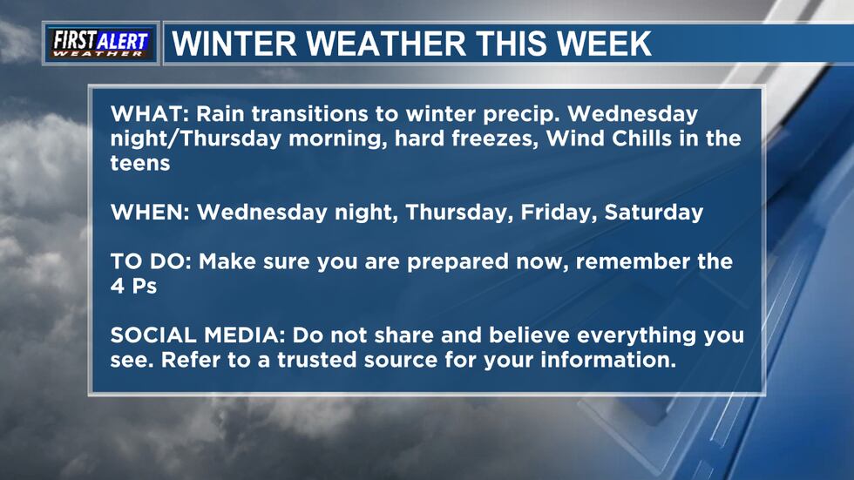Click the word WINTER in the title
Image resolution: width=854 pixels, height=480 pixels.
coord(234,44)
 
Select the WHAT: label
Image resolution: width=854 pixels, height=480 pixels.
coord(149,114)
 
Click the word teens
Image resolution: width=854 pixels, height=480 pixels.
coord(140,163)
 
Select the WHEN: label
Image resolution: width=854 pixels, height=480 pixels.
coord(150,213)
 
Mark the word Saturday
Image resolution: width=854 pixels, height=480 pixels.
coord(654,213)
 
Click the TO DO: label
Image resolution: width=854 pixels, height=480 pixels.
coord(151,261)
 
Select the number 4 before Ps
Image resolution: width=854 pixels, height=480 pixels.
coord(118,287)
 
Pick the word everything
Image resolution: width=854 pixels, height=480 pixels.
coord(636,336)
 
